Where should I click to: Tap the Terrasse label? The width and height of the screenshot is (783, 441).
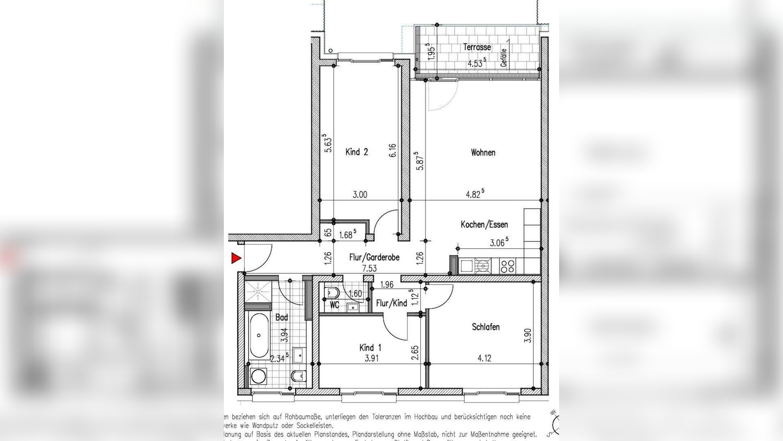point(477,47)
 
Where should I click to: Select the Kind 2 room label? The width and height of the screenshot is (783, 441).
point(357,152)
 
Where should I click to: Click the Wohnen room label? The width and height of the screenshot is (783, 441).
point(483,153)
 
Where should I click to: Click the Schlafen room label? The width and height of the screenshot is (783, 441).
point(486,327)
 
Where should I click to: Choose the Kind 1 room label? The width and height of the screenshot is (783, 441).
point(370,348)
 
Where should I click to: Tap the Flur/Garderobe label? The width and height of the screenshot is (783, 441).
point(374,258)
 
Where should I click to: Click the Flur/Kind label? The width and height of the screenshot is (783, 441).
point(391,303)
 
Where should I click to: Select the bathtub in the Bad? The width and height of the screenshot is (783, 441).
point(259,335)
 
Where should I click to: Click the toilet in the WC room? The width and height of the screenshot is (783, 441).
point(331,293)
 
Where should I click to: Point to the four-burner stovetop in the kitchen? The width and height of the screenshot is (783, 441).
point(508,266)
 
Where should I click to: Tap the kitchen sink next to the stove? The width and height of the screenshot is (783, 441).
point(467,266)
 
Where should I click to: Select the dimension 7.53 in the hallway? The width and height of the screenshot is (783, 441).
point(369,269)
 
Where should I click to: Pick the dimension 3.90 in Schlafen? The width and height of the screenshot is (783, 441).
point(528,336)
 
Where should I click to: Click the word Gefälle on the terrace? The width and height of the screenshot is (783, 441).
point(504,58)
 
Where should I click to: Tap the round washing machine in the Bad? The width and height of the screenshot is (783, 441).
point(258,376)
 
